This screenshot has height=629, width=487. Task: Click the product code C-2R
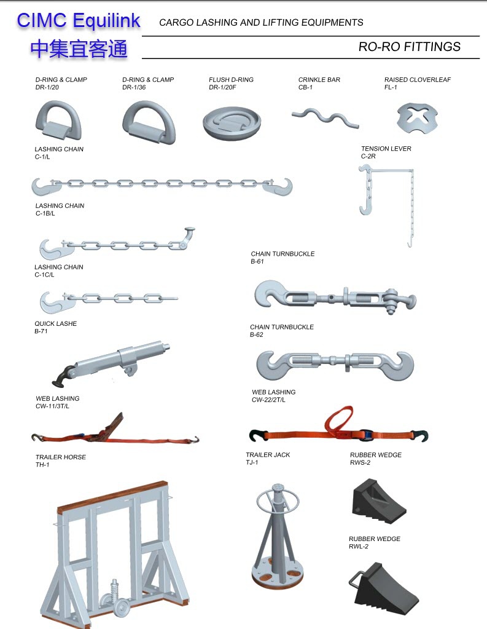point(368,156)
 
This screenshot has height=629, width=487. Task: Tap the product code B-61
point(257,261)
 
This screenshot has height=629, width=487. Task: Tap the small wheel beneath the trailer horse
point(122,608)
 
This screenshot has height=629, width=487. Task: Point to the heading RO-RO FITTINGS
point(409,47)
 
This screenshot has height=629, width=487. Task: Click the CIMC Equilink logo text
point(79,21)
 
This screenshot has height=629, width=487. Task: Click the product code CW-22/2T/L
point(268,400)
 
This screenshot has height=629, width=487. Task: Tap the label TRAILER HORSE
point(61,457)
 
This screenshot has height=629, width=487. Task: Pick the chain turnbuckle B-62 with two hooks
point(335,364)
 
